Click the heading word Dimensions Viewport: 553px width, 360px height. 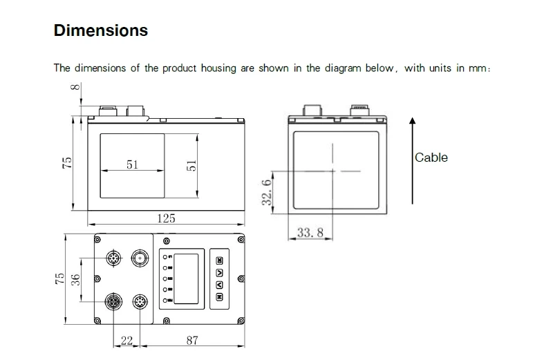(101, 30)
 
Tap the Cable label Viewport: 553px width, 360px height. (431, 158)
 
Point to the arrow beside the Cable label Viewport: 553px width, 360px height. (412, 161)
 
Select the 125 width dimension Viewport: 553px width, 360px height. (166, 218)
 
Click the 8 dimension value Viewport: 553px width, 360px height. (75, 87)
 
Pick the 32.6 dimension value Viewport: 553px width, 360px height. (267, 192)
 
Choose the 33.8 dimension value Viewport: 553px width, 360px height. (310, 232)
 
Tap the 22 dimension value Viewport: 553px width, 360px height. (126, 340)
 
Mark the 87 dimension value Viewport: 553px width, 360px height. (192, 340)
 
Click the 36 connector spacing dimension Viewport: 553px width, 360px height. (75, 280)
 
